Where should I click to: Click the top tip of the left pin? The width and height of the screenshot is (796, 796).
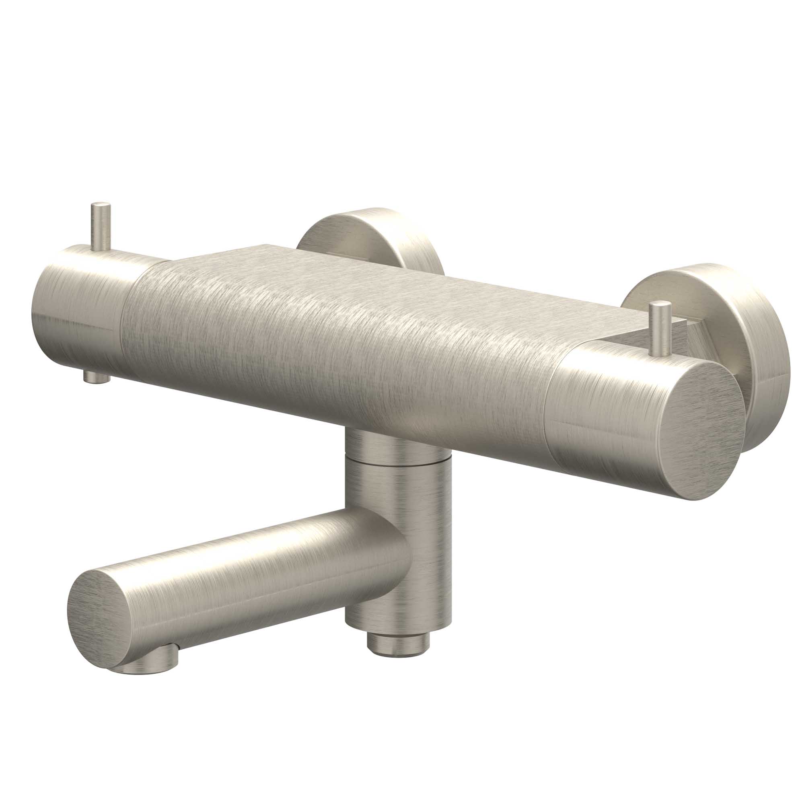pos(101,205)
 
